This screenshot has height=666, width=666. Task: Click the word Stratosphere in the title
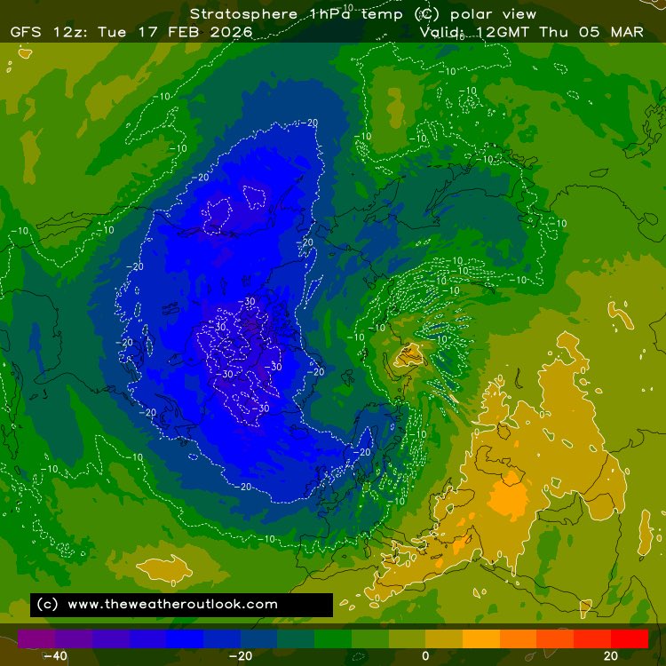click(x=235, y=14)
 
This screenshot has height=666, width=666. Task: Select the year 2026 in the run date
click(x=233, y=32)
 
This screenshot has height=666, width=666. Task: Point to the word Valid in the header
click(x=442, y=32)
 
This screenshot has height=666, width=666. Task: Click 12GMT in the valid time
click(x=501, y=32)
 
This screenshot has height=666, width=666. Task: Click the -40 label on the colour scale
click(x=55, y=655)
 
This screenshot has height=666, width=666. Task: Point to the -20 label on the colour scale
click(x=240, y=655)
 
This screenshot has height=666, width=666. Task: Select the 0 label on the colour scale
click(x=425, y=655)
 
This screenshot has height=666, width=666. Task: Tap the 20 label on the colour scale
click(x=611, y=655)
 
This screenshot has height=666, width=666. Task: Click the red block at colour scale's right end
click(x=630, y=638)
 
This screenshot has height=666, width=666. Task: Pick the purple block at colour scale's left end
click(x=36, y=638)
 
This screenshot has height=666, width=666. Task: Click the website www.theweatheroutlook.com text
click(x=172, y=604)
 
